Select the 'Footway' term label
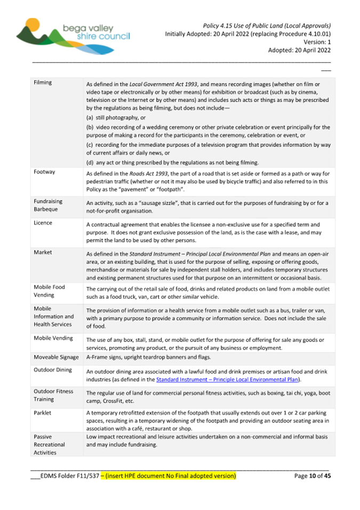(44, 172)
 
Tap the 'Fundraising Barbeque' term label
(48, 205)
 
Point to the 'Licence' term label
(43, 223)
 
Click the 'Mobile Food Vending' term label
(49, 291)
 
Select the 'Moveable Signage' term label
(56, 357)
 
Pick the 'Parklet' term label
(43, 412)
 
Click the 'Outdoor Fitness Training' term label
(54, 395)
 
